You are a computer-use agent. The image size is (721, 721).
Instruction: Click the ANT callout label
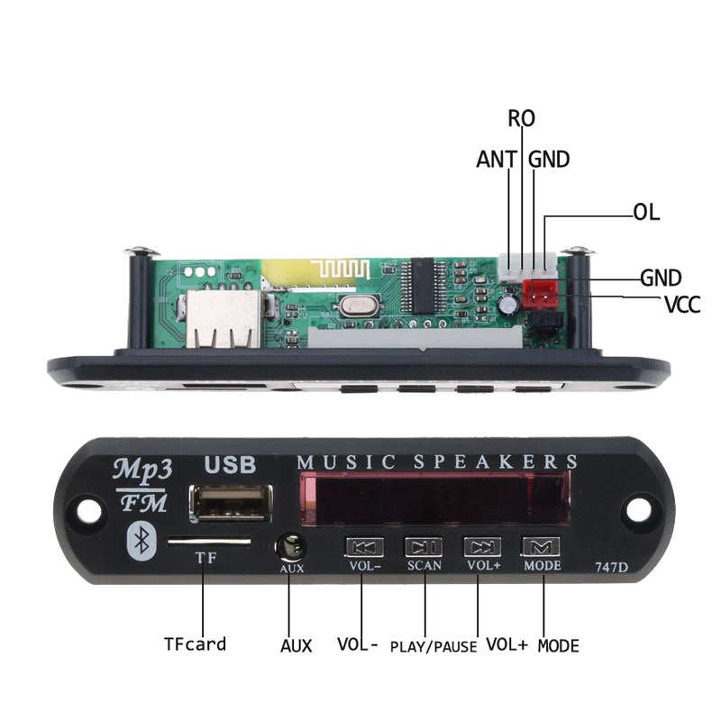497,160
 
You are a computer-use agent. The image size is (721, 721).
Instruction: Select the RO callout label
521,118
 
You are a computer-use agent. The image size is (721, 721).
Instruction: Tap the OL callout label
646,214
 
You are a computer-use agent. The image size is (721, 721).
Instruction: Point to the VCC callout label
682,305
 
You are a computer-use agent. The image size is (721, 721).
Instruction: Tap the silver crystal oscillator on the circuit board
353,306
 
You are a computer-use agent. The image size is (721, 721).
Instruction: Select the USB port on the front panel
231,502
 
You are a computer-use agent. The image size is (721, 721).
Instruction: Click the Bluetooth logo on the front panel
141,539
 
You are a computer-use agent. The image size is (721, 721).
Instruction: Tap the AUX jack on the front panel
290,546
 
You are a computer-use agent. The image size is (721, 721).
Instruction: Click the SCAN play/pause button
423,546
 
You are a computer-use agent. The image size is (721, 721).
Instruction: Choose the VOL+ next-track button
482,546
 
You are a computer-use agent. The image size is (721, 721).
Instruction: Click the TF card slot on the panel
209,543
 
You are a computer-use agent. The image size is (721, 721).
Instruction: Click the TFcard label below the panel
195,644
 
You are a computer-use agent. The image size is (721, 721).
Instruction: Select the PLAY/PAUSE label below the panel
434,646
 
